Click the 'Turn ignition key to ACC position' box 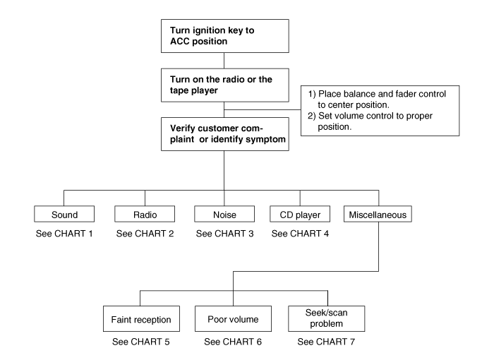coord(225,36)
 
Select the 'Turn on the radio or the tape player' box coord(225,85)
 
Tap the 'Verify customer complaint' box coord(225,134)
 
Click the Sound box coord(64,214)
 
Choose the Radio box coord(145,214)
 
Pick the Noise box coord(224,214)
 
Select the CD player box coord(300,214)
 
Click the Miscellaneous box coord(378,214)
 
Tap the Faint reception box coord(141,318)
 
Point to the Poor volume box coord(233,318)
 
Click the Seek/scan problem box coord(326,318)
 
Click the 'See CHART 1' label coord(64,234)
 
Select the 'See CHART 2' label coord(145,234)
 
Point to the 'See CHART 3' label coord(224,234)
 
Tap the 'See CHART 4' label coord(300,234)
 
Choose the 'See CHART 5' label coord(141,342)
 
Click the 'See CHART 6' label coord(233,342)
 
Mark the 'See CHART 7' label coord(326,342)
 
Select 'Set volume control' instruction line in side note coord(370,121)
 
